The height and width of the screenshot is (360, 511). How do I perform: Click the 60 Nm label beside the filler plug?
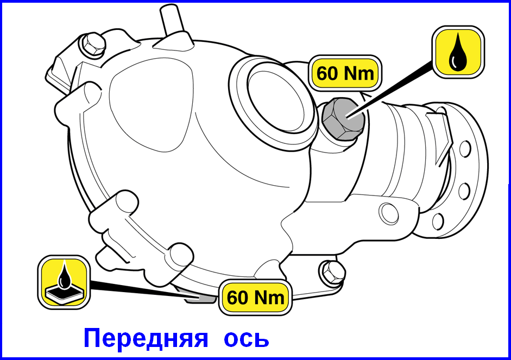point(345,73)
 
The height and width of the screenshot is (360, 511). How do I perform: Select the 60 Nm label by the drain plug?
point(255,297)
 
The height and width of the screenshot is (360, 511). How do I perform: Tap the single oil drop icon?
point(458,52)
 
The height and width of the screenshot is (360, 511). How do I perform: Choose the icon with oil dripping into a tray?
point(64,282)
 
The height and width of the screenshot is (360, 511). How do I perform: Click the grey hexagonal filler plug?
point(343,119)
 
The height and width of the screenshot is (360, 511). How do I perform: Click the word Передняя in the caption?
point(146,338)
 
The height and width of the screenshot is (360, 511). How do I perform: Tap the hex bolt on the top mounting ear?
point(92,45)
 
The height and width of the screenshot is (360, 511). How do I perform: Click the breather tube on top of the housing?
point(172,20)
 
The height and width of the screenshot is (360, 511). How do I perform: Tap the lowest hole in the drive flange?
point(438,221)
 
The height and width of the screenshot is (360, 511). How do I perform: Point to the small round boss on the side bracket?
point(389,213)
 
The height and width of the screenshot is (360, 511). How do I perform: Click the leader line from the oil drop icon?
point(390,90)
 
